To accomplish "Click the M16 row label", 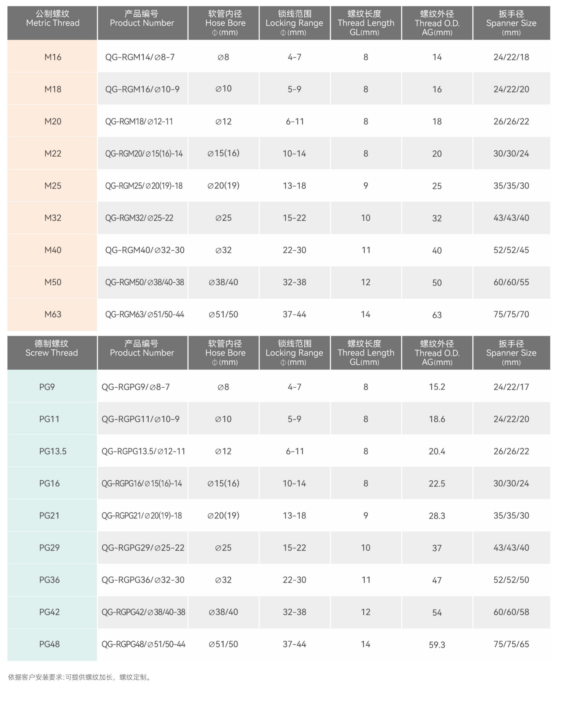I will click(x=53, y=57).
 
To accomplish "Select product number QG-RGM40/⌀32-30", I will click(x=145, y=250).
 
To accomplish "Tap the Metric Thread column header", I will click(x=53, y=19).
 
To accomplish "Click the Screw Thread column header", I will click(x=52, y=348).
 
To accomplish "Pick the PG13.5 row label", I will click(x=53, y=451).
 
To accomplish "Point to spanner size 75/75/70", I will click(x=511, y=314).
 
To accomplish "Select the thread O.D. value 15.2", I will click(x=437, y=387).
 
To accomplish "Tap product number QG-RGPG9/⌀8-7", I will click(x=136, y=387).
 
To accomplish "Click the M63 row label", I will click(x=53, y=314).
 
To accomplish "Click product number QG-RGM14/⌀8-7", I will click(x=140, y=57).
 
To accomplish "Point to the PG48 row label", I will click(x=50, y=644).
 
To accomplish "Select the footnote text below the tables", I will click(x=80, y=677).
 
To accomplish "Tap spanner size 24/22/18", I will click(x=511, y=57).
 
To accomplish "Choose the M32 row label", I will click(x=53, y=218).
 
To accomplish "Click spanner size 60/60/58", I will click(x=511, y=612).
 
